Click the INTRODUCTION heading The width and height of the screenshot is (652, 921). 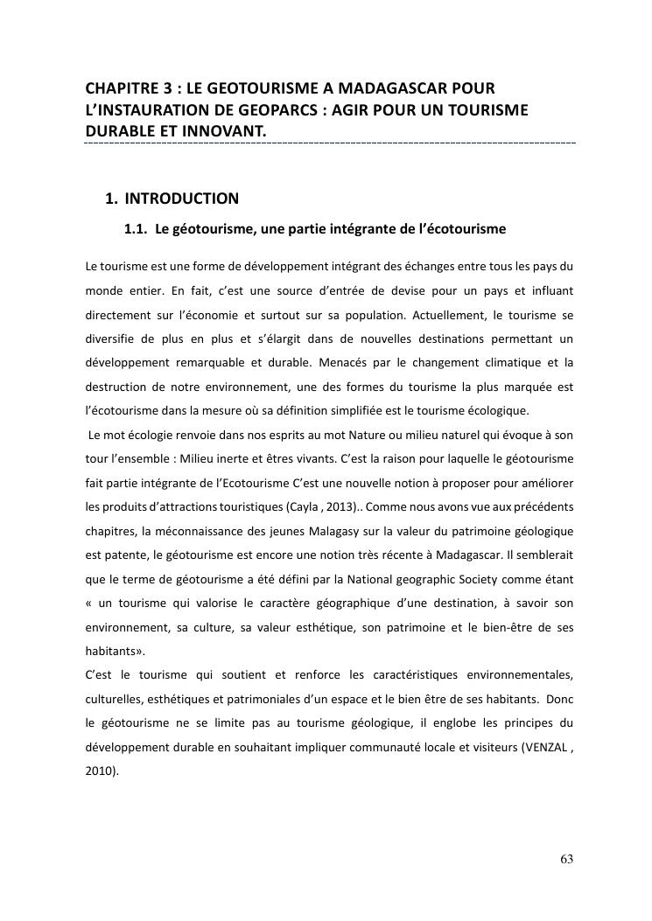click(x=181, y=199)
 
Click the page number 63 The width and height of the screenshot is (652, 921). click(x=566, y=859)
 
